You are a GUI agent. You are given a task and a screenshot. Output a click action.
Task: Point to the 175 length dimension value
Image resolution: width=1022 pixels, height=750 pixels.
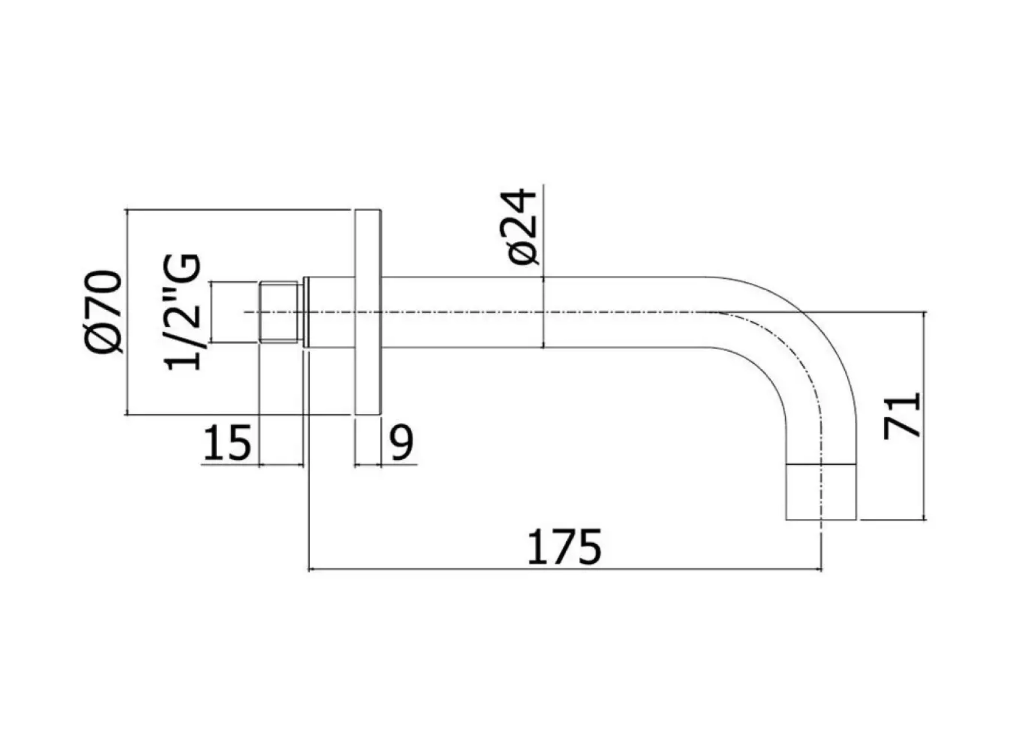[x=564, y=547]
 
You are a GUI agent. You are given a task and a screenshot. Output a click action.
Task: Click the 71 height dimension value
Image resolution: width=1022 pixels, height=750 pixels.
[x=902, y=416]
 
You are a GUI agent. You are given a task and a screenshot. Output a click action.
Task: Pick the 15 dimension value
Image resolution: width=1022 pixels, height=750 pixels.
[x=227, y=443]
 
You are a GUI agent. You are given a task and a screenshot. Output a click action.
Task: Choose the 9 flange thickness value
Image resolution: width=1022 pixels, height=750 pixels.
[x=402, y=443]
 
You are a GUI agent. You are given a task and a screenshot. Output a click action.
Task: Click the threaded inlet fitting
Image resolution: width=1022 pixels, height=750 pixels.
[x=280, y=312]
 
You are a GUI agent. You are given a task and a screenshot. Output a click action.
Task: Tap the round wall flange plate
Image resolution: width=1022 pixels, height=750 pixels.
[x=368, y=311]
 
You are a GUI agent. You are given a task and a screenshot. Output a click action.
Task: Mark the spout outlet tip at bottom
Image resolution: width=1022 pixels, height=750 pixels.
[x=821, y=491]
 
